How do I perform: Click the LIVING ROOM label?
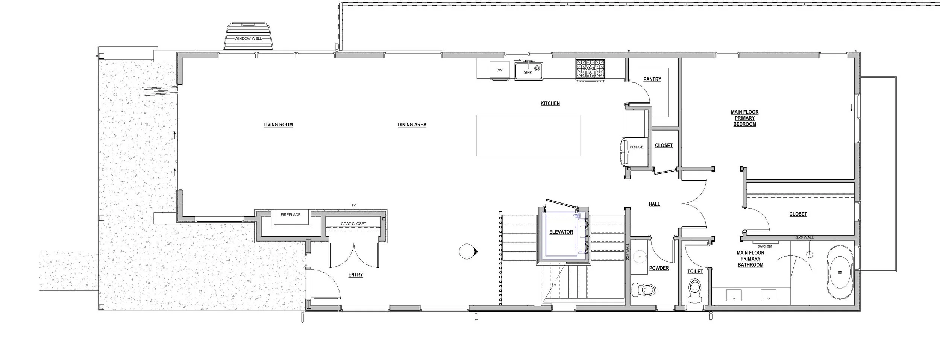[x=278, y=125]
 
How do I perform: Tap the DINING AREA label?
[x=412, y=125]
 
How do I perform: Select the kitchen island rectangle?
[x=528, y=135]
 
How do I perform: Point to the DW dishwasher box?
[x=499, y=70]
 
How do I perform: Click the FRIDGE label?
[x=637, y=147]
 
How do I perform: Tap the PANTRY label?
[x=652, y=79]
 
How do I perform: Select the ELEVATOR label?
[x=561, y=232]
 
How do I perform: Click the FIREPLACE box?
[x=291, y=216]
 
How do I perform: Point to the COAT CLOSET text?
[x=353, y=224]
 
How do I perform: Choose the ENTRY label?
[x=355, y=275]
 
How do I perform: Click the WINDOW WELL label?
[x=248, y=39]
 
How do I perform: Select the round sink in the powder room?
[x=639, y=257]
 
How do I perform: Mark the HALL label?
[x=654, y=205]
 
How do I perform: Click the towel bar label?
[x=765, y=246]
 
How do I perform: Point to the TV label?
[x=353, y=205]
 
